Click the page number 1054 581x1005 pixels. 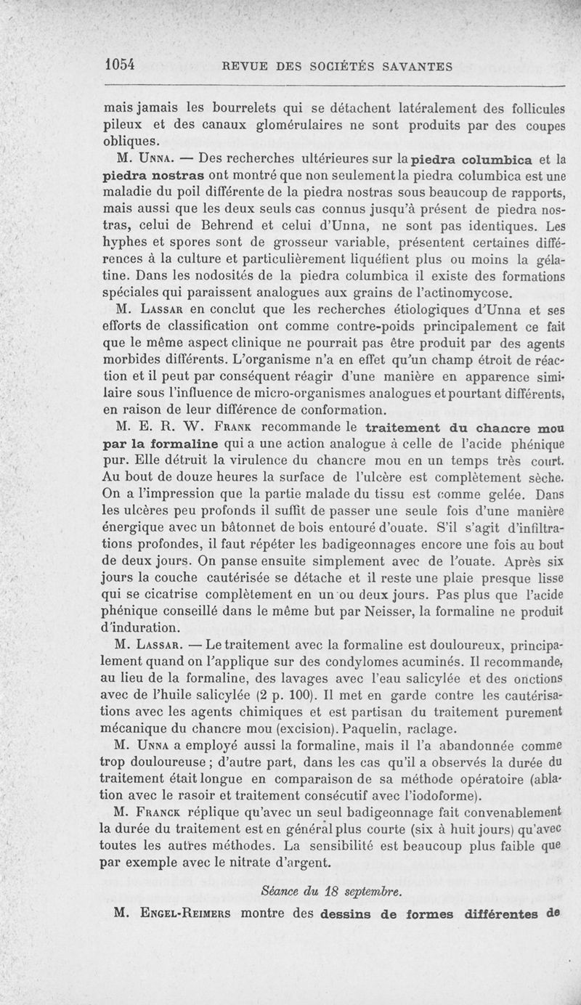(121, 65)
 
